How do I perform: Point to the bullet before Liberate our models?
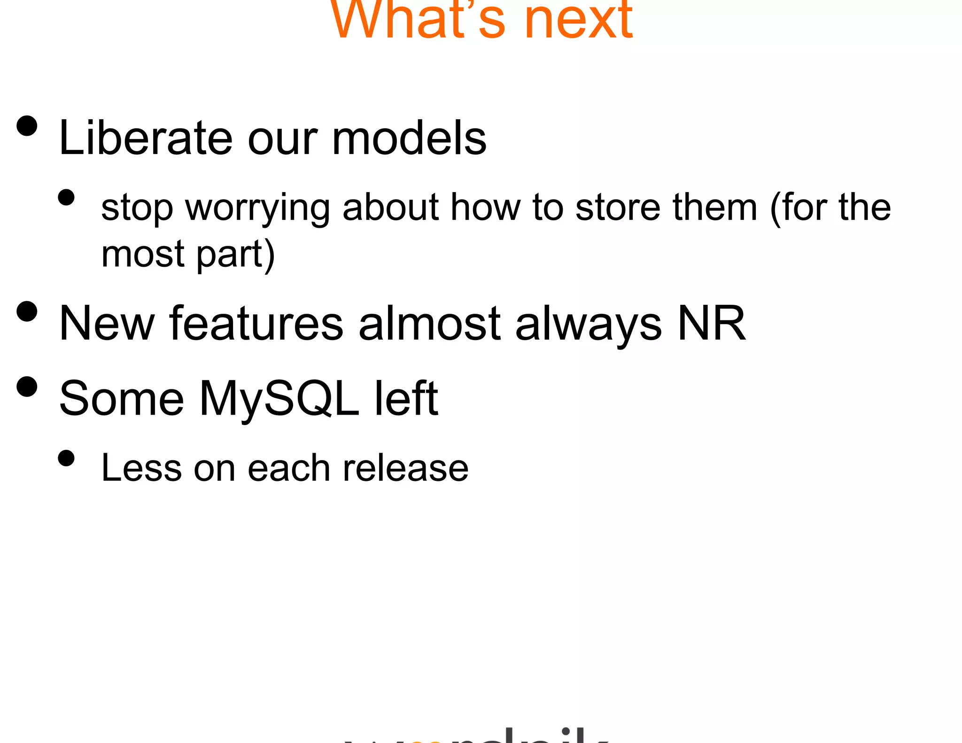[27, 126]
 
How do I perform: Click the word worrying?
[257, 208]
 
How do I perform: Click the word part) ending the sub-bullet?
[235, 255]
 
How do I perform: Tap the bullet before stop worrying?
[67, 198]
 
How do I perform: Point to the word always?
[588, 324]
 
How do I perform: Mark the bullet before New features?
[27, 311]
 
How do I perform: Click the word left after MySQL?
[406, 399]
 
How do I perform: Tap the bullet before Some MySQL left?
[27, 387]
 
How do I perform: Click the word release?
[405, 468]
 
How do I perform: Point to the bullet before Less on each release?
[67, 458]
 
